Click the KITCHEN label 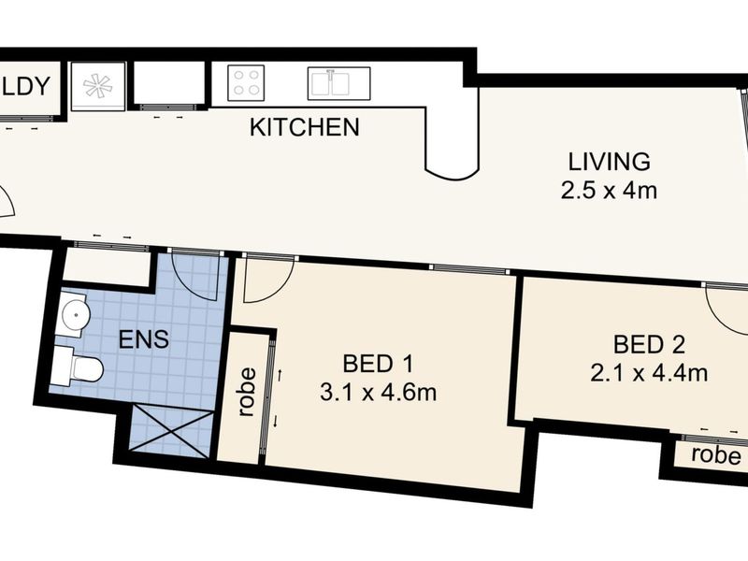(305, 127)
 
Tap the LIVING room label (610, 162)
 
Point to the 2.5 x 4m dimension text (609, 191)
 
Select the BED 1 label (378, 364)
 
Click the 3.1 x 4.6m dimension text (379, 393)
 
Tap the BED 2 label (649, 344)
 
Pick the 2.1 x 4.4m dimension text (649, 373)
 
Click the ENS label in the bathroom (144, 339)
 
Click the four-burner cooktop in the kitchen (246, 83)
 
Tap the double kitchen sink (338, 83)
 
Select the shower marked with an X (172, 429)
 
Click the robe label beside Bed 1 (247, 392)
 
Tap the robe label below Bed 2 (716, 455)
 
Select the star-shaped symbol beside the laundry (98, 86)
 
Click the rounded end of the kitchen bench (452, 174)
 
